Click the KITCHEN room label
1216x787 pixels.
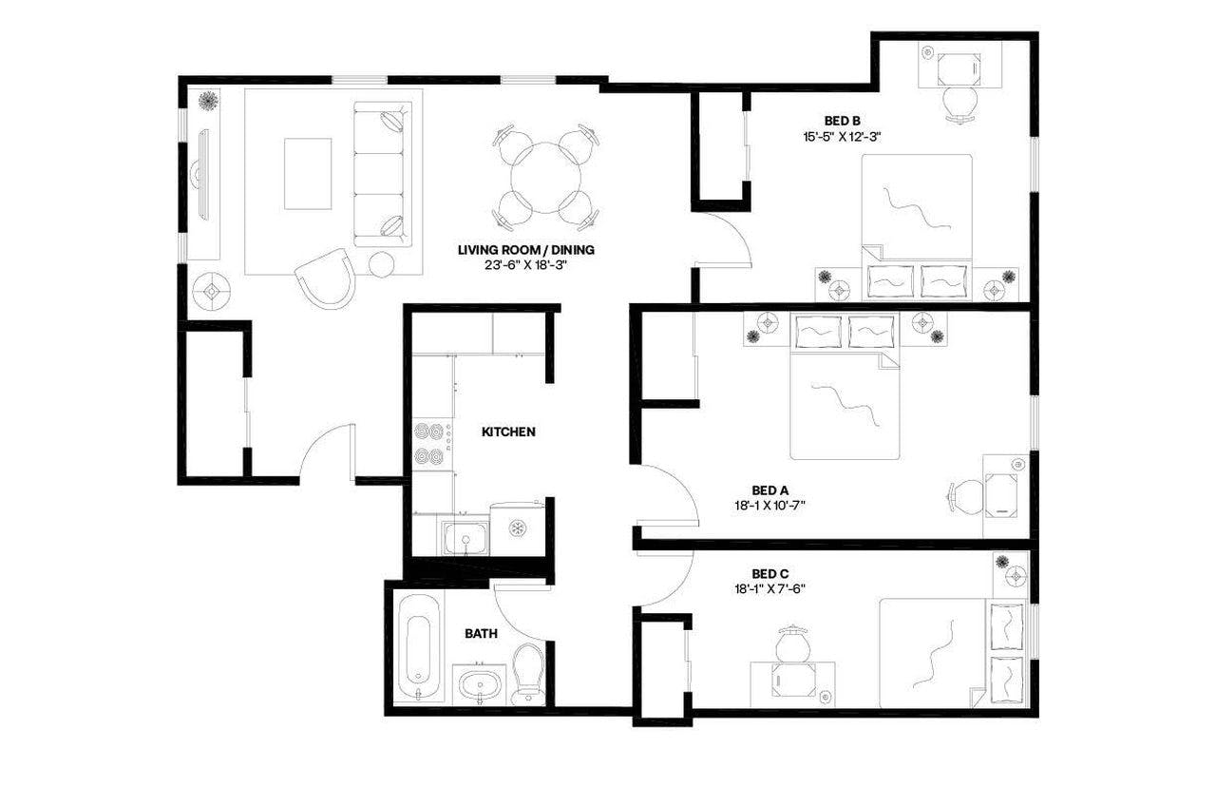pos(508,432)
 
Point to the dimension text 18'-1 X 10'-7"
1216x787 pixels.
pos(770,506)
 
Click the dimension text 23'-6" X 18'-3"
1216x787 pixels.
pos(525,265)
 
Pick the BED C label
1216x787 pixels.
pos(769,573)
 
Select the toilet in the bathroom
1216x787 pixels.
pos(527,669)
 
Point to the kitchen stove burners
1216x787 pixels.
pos(432,443)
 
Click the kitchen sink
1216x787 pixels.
pos(465,537)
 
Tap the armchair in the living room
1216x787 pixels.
pos(325,275)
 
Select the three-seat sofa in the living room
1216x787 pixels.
pos(384,175)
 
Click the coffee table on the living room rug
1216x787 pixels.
pos(308,173)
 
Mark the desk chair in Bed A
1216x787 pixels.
pos(967,496)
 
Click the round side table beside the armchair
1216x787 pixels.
pos(382,264)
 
